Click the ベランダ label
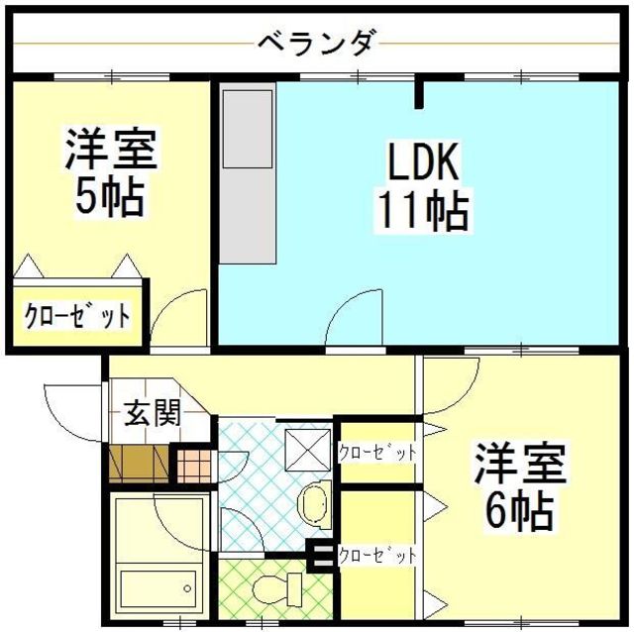point(316,44)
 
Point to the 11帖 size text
point(420,210)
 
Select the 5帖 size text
point(109,198)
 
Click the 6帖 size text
point(518,510)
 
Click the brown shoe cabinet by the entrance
point(140,462)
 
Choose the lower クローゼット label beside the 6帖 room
point(377,555)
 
